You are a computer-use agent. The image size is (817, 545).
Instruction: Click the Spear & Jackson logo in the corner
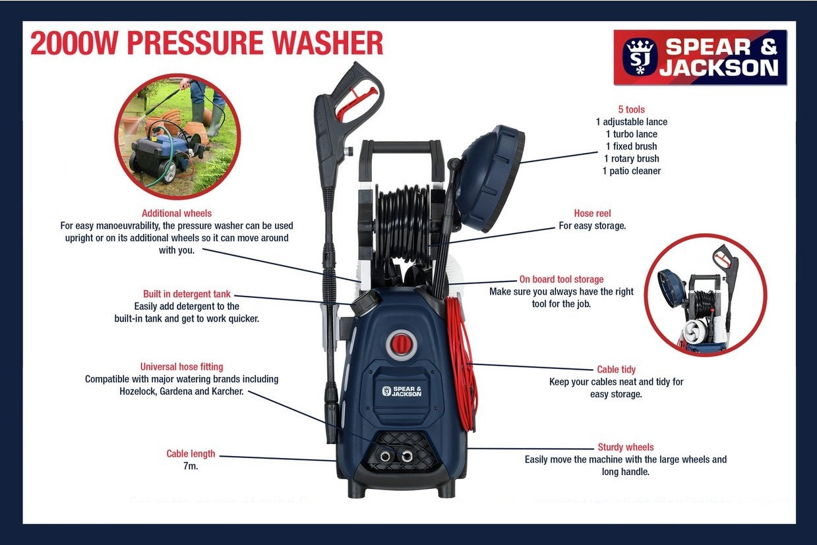tap(700, 57)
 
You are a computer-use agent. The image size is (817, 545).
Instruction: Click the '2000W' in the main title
tap(75, 43)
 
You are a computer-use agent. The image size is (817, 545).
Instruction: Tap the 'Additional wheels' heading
tap(177, 214)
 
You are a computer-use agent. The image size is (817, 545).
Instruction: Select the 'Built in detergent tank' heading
tap(187, 294)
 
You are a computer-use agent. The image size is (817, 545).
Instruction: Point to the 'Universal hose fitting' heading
tap(181, 366)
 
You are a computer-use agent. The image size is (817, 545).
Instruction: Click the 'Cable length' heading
tap(191, 454)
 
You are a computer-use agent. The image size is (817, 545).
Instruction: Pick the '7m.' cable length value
tap(191, 467)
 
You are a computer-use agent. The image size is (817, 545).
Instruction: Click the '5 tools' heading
tap(631, 109)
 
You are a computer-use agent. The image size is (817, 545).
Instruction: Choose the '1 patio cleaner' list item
tap(631, 171)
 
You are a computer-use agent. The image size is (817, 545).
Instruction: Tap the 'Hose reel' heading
tap(592, 214)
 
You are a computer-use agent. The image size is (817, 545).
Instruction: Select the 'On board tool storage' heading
tap(561, 279)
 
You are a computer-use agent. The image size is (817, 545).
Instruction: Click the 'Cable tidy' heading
tap(616, 370)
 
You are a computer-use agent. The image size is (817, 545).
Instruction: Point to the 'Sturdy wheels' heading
tap(626, 447)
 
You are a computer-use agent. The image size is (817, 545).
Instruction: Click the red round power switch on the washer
tap(402, 345)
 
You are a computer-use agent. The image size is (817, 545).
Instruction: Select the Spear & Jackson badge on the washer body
tap(402, 391)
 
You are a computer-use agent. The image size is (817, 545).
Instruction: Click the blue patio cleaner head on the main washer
tap(490, 178)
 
